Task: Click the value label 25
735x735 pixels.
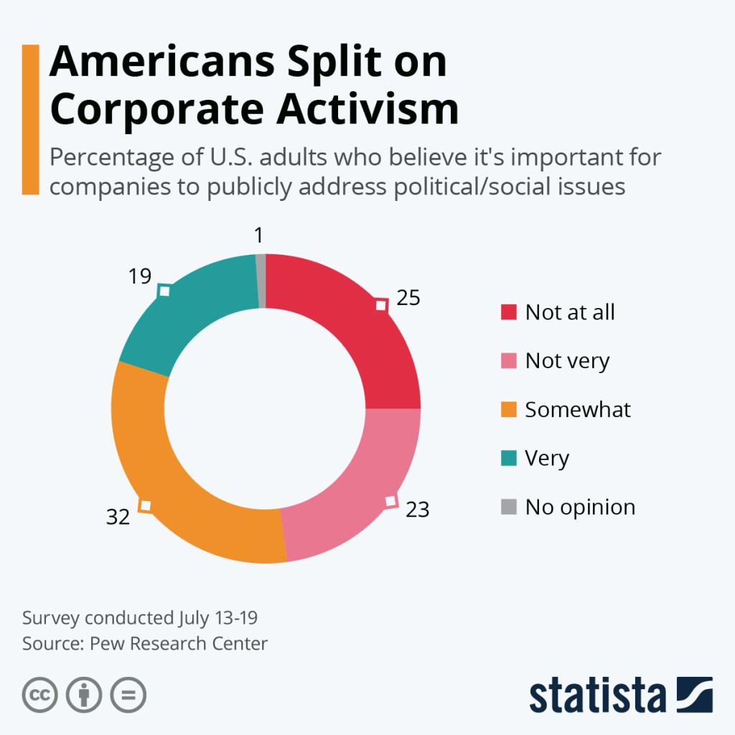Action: (x=408, y=298)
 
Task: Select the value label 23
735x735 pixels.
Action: (x=417, y=509)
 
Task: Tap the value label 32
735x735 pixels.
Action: (x=118, y=516)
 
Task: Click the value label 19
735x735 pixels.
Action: (x=140, y=276)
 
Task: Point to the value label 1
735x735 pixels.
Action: (x=259, y=235)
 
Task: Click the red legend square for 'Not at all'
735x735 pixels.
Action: (x=508, y=312)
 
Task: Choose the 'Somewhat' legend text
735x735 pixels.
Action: (x=578, y=410)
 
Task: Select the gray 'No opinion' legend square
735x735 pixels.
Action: (x=508, y=507)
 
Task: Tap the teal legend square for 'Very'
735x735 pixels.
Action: (x=508, y=459)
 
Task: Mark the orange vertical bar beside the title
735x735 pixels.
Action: (x=30, y=119)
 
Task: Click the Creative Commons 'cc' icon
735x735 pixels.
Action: (x=40, y=695)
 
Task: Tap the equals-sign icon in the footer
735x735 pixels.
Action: (x=128, y=695)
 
